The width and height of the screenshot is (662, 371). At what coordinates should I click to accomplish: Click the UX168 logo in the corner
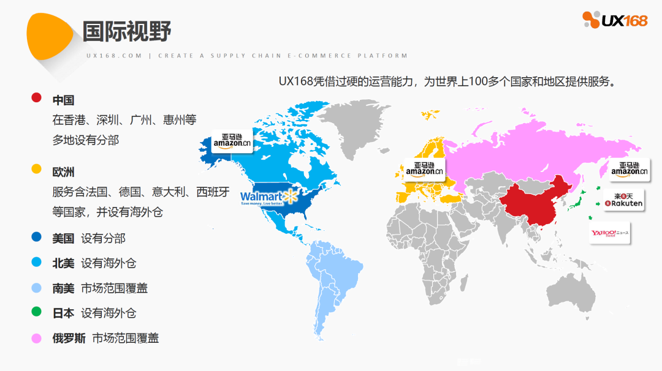click(614, 20)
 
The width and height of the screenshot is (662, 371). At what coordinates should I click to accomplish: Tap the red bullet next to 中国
click(36, 97)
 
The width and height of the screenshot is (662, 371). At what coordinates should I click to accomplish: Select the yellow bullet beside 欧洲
click(36, 168)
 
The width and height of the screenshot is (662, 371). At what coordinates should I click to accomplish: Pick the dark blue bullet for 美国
click(36, 238)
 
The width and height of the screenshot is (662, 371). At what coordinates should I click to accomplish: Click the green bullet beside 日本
click(36, 312)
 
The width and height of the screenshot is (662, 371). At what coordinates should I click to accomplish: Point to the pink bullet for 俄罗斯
click(36, 337)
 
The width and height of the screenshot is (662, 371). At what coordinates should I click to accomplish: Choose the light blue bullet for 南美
click(36, 288)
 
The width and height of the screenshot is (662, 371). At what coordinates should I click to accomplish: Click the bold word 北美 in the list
click(63, 263)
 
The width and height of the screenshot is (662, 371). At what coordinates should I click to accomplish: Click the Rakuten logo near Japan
click(624, 200)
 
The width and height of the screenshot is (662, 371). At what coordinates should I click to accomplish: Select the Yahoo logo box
click(610, 233)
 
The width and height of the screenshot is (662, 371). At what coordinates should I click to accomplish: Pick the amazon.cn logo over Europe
click(424, 168)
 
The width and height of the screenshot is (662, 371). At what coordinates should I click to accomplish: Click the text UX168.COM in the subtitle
click(114, 56)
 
